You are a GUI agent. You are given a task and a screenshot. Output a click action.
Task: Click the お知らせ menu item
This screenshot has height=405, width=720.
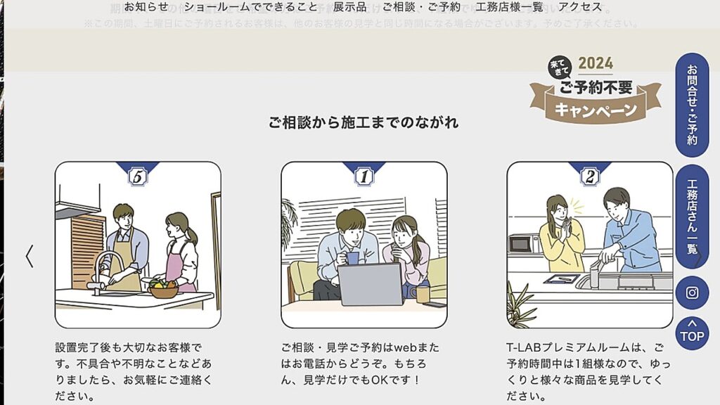click(x=146, y=7)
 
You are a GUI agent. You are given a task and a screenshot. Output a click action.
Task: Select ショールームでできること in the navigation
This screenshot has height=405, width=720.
click(x=251, y=7)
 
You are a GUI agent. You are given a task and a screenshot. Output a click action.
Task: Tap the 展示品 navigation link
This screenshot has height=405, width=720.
click(x=349, y=7)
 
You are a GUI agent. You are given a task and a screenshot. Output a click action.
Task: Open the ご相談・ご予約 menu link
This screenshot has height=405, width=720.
click(x=421, y=7)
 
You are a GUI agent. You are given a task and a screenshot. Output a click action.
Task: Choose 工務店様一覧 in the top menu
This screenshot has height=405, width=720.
click(x=509, y=7)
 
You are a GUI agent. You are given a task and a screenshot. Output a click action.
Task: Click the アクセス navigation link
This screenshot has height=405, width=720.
click(x=580, y=7)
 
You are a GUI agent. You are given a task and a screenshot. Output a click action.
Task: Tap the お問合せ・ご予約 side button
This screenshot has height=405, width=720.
click(x=692, y=105)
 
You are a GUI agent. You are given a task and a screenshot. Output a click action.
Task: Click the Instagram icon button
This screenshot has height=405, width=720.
click(x=692, y=293)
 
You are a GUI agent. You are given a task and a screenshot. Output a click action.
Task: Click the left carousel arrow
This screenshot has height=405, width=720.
click(x=30, y=256)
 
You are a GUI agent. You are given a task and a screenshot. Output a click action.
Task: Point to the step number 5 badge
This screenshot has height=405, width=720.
click(x=138, y=176)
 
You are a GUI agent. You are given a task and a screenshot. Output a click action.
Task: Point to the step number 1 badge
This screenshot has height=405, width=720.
click(x=364, y=176)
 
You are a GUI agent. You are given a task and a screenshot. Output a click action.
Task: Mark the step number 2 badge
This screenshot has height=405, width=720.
click(x=589, y=176)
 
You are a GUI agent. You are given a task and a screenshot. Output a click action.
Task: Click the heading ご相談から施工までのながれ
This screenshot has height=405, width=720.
click(x=363, y=122)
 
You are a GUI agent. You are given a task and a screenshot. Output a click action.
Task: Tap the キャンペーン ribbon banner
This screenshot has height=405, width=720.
click(x=596, y=110)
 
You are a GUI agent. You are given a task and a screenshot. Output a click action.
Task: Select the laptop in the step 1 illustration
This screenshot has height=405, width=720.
click(x=370, y=284)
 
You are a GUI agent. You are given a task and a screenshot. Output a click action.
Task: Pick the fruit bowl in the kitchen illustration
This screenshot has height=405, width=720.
click(x=163, y=288)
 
